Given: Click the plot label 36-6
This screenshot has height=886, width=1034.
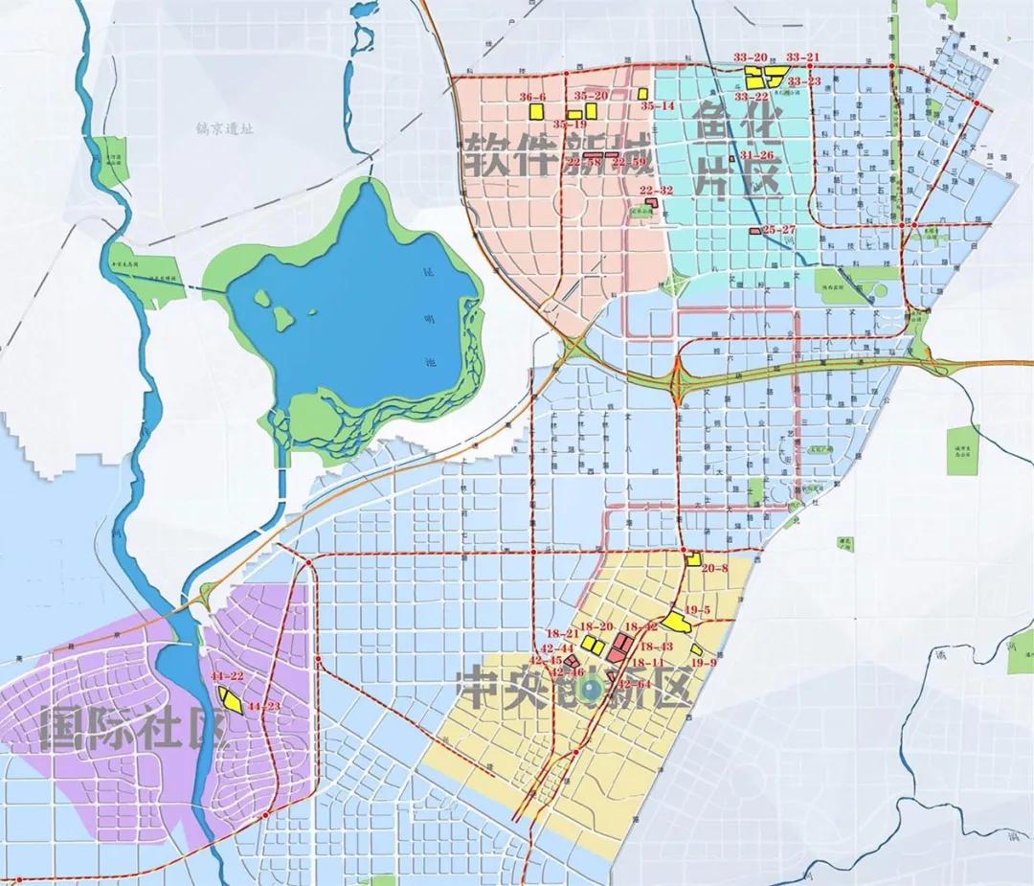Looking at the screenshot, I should coord(532,97).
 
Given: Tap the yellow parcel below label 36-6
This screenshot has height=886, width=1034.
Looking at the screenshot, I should coord(535,111).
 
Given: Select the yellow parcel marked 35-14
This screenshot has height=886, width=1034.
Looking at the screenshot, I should coord(639,94).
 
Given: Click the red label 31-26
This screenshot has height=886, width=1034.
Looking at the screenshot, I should coord(756,154).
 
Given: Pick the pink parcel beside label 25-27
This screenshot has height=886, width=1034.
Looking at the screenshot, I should coord(754,230).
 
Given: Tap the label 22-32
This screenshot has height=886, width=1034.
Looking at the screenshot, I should coord(657,191).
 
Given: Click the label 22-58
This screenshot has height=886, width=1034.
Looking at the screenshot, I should coord(583,163).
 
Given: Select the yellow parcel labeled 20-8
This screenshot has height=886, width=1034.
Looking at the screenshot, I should coord(694,559).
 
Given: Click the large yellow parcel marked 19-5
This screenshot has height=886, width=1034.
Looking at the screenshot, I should coord(678,623).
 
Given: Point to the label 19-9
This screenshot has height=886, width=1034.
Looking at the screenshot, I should coord(704,662).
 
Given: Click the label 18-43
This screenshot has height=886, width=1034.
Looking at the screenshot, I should coord(656,647).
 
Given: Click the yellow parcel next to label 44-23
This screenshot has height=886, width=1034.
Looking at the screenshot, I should coord(232,699).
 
